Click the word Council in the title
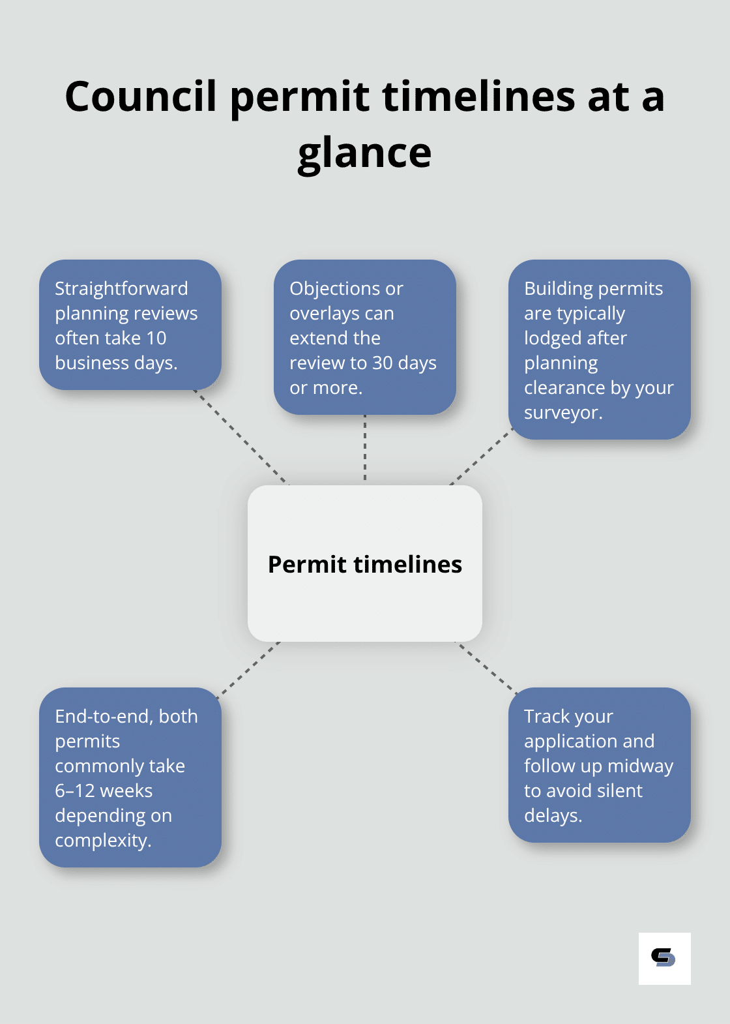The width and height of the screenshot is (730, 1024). (140, 97)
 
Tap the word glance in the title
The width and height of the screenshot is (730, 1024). (364, 153)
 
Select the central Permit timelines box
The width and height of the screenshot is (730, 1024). (365, 564)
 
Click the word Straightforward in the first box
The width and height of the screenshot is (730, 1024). (121, 288)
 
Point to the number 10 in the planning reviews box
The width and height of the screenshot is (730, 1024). (156, 338)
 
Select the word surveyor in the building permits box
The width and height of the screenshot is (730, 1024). (561, 413)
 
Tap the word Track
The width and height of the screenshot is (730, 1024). (546, 716)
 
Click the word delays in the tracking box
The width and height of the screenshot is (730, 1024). (551, 815)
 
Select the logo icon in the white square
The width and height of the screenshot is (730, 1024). (664, 957)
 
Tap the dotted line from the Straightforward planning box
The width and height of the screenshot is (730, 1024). (241, 437)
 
